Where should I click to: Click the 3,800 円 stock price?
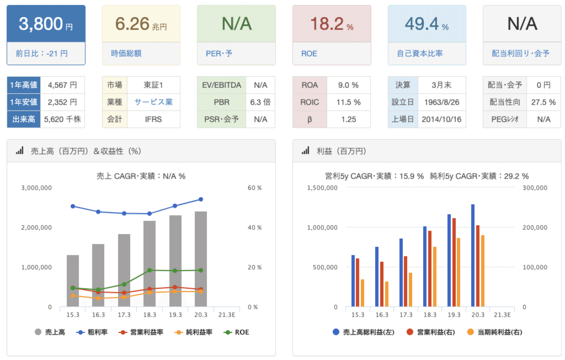click(45, 24)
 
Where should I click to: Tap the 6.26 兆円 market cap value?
click(141, 24)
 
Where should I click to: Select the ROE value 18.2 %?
click(331, 24)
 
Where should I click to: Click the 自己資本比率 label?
click(420, 53)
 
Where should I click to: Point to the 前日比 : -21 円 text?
click(41, 53)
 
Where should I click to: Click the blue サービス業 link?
click(154, 102)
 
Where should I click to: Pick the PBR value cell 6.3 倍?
click(260, 102)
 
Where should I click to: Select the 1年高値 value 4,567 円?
click(62, 85)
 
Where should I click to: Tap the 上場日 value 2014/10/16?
click(441, 119)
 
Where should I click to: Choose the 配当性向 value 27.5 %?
click(543, 102)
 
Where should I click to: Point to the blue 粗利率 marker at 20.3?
click(201, 199)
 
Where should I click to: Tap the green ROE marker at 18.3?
click(150, 270)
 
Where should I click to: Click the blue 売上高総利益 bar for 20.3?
click(473, 255)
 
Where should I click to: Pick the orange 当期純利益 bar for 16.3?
click(386, 294)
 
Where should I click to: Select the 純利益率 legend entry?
click(193, 332)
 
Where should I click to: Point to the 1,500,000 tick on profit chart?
click(322, 188)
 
